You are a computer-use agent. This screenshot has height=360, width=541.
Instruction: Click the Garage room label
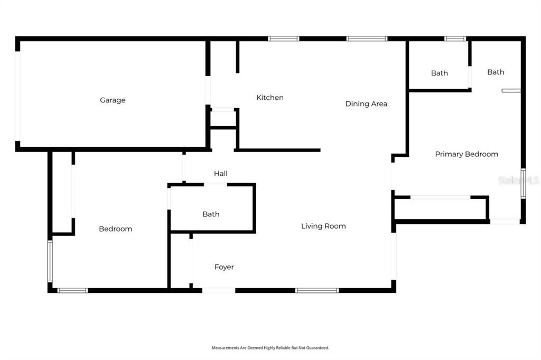tap(113, 100)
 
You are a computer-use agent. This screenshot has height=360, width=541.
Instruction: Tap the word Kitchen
tap(270, 98)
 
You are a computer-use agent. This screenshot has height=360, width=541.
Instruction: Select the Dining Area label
tap(366, 104)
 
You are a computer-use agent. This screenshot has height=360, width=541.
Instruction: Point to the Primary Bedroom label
tap(467, 154)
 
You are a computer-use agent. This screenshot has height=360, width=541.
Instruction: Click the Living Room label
tap(323, 226)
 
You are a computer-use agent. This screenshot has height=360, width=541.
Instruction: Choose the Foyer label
tap(224, 267)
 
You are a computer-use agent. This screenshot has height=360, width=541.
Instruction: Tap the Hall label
tap(221, 173)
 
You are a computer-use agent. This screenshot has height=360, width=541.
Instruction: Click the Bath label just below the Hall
tap(211, 214)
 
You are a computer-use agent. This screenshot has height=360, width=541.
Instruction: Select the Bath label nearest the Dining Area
tap(439, 73)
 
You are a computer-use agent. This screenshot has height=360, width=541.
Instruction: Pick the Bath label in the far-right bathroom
tap(496, 72)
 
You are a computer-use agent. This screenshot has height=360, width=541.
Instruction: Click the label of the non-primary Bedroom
tap(116, 229)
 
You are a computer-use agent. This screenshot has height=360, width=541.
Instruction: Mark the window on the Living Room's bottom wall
tap(317, 290)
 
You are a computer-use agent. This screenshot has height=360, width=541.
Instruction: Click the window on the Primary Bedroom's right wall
tap(523, 183)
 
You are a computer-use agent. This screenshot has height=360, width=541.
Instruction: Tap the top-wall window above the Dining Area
tap(367, 39)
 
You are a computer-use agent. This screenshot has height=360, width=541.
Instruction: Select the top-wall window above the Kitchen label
tap(284, 39)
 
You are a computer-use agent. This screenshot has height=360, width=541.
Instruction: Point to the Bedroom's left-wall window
tap(50, 261)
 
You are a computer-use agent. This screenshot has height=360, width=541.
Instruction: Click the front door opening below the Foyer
tap(218, 290)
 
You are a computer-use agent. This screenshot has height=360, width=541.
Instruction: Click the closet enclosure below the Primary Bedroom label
tap(440, 209)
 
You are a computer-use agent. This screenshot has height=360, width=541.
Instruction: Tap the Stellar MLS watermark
tap(518, 181)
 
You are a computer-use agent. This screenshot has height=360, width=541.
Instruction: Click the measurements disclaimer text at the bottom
tap(270, 348)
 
